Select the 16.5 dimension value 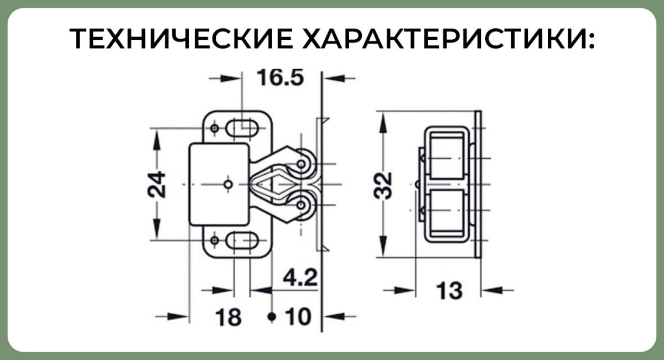click(281, 78)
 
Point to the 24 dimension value click(156, 184)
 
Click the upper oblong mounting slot click(243, 128)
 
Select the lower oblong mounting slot click(243, 241)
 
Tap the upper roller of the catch click(302, 164)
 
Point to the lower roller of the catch click(302, 206)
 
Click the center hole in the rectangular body click(227, 184)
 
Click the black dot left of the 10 click(271, 317)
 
